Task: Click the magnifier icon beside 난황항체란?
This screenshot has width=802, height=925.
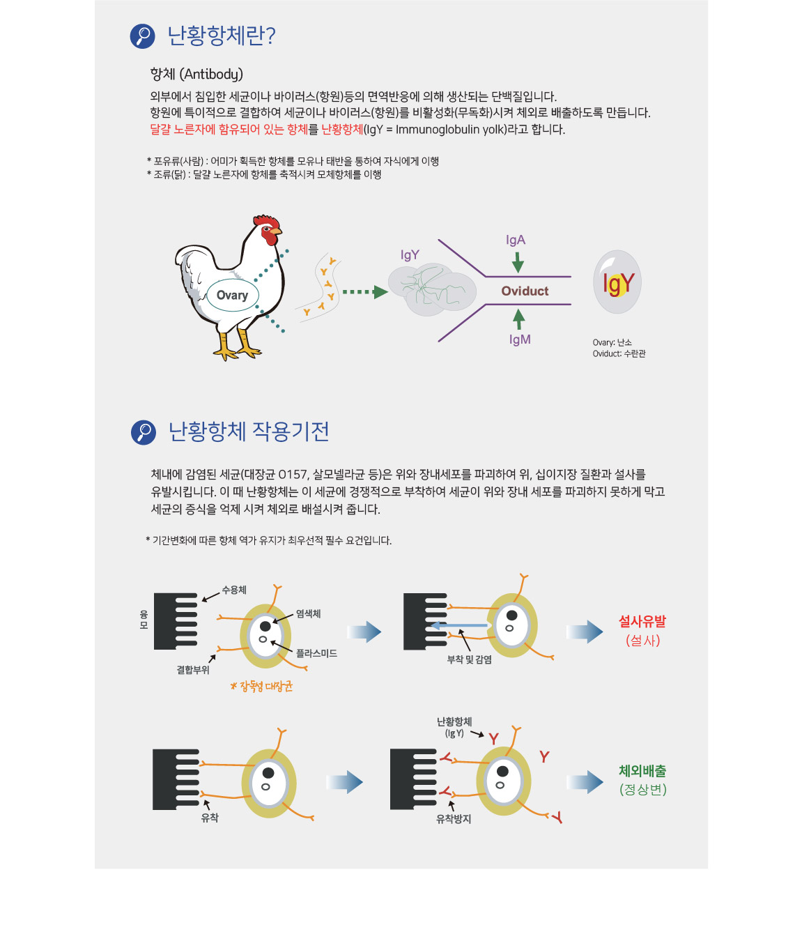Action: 142,36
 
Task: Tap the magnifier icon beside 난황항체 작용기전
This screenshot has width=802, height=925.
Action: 144,432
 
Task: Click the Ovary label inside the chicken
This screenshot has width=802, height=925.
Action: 232,296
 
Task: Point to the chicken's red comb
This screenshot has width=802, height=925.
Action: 267,221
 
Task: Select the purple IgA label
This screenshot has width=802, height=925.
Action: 516,240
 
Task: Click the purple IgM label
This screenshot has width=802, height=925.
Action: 520,339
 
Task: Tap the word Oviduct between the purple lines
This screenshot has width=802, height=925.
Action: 525,291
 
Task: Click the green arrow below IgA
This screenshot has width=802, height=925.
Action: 518,262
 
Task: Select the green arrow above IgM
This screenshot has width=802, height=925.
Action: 519,319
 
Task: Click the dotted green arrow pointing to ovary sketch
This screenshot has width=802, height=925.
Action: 365,292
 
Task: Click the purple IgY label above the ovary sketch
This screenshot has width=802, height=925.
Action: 410,255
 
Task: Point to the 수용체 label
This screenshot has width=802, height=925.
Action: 234,590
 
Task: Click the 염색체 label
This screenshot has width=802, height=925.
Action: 308,613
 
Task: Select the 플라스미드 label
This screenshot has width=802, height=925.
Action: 316,653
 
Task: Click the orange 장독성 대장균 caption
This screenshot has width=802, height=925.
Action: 261,687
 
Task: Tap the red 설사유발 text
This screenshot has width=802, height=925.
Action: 642,621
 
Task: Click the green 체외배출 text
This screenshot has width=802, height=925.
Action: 642,771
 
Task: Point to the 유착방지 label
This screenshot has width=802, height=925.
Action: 453,819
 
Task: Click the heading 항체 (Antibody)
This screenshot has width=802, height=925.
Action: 196,74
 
